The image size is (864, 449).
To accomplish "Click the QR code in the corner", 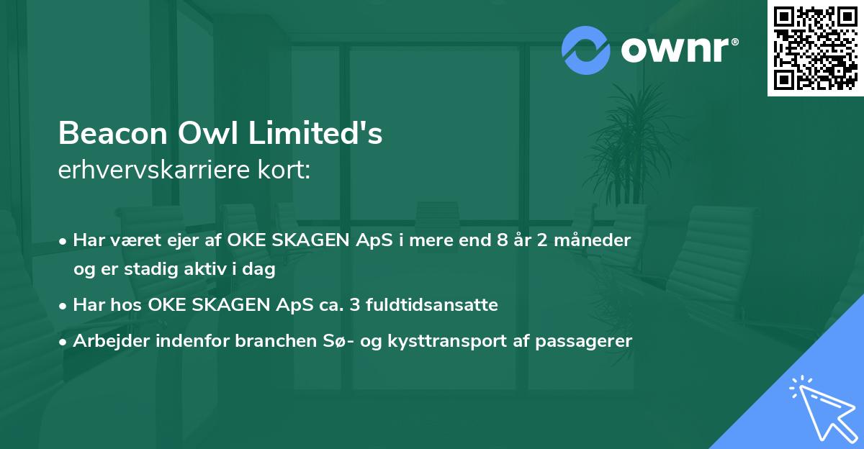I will [816, 47].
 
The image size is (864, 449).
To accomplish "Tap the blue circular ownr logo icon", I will [586, 50].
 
